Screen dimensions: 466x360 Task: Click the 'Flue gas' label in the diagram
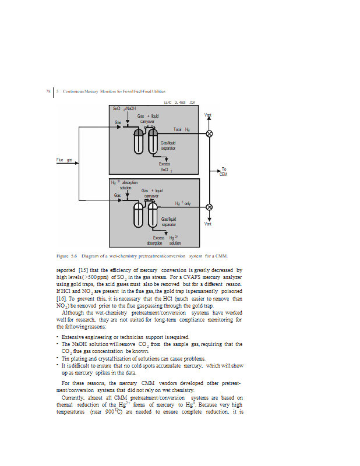64,159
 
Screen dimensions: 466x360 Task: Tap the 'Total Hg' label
182,129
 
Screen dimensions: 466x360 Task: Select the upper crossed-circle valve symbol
210,134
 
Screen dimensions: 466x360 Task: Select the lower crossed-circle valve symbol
210,207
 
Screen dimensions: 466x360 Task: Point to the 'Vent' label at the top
207,115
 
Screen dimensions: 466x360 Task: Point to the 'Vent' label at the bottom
207,224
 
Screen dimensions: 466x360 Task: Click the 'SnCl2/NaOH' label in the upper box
124,109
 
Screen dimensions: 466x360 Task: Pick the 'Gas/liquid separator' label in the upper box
168,146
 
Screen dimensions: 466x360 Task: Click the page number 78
48,91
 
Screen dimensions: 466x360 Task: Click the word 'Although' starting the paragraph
72,312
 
